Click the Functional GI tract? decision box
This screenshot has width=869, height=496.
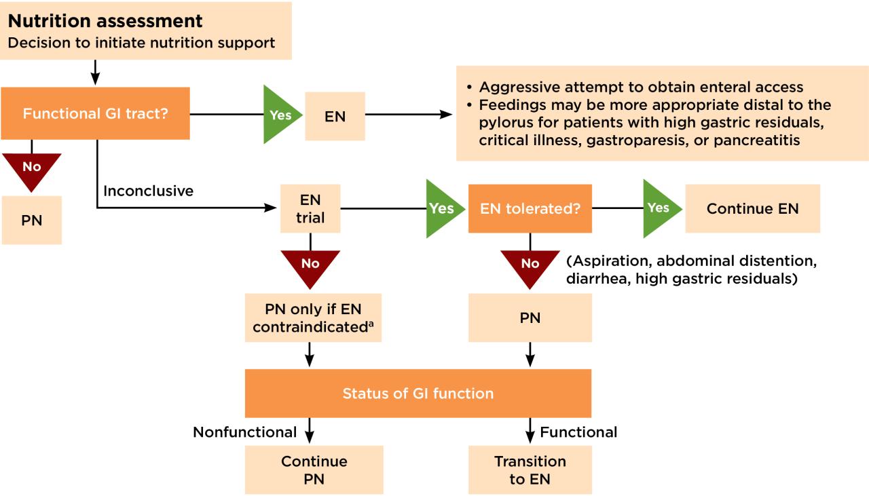click(95, 113)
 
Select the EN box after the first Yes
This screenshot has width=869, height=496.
click(335, 116)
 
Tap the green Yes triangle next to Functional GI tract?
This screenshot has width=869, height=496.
click(279, 115)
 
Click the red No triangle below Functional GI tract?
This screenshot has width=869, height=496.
click(31, 168)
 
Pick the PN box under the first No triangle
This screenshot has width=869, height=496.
click(31, 221)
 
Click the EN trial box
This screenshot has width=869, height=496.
click(310, 209)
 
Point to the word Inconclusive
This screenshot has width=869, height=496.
click(148, 191)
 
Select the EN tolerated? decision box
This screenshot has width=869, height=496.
click(530, 209)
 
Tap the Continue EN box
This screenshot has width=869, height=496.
click(752, 209)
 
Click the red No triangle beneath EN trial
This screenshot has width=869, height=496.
click(310, 265)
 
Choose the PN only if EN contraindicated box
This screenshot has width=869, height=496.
click(313, 318)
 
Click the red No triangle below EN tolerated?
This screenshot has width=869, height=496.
click(530, 265)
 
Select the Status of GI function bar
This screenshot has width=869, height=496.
click(418, 394)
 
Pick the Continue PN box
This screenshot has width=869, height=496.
click(314, 470)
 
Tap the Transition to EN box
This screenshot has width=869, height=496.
click(530, 470)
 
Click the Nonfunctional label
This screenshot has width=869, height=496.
click(244, 432)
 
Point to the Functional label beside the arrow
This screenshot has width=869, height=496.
click(578, 432)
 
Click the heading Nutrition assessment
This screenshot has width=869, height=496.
click(105, 21)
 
